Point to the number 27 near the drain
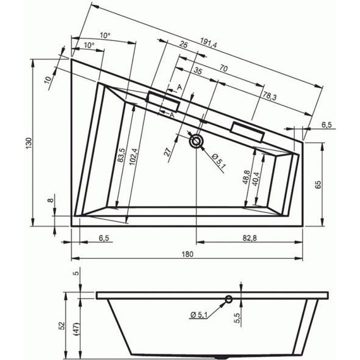167,152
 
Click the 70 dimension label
223,67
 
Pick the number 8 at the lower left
50,200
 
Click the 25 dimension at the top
183,45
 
